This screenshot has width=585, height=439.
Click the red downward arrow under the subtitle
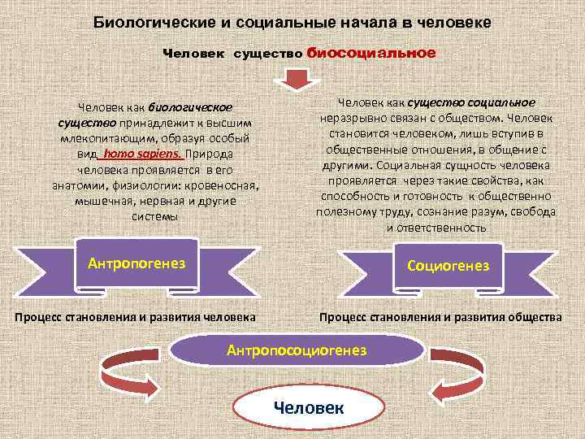[292, 80]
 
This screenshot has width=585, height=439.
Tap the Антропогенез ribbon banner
[136, 263]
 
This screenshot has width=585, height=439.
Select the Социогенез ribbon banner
[448, 265]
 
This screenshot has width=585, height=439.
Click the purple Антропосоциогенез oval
[297, 350]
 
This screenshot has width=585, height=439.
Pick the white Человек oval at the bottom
[308, 406]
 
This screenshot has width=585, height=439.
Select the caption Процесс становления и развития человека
[135, 316]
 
